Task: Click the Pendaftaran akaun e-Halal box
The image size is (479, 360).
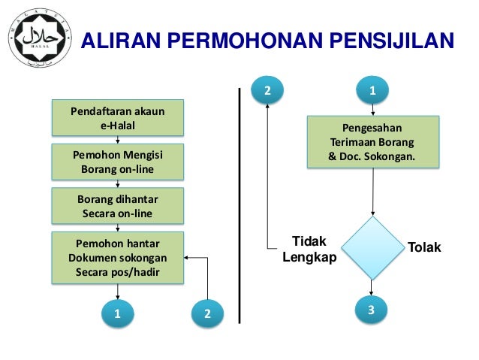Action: point(117,119)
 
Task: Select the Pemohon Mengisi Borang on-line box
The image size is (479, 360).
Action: point(117,162)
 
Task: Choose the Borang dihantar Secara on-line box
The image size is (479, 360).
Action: point(117,206)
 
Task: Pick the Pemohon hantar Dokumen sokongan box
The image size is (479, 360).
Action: point(117,258)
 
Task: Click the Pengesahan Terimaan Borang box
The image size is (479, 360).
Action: point(372,141)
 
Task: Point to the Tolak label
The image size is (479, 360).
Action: point(424,247)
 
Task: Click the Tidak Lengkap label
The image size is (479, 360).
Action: point(309,249)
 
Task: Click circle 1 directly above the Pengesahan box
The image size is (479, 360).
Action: point(372,92)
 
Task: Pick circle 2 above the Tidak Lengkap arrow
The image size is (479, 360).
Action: point(268,92)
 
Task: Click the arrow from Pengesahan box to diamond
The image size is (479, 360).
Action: point(372,192)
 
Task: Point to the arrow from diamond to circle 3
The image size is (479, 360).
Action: point(371,288)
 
